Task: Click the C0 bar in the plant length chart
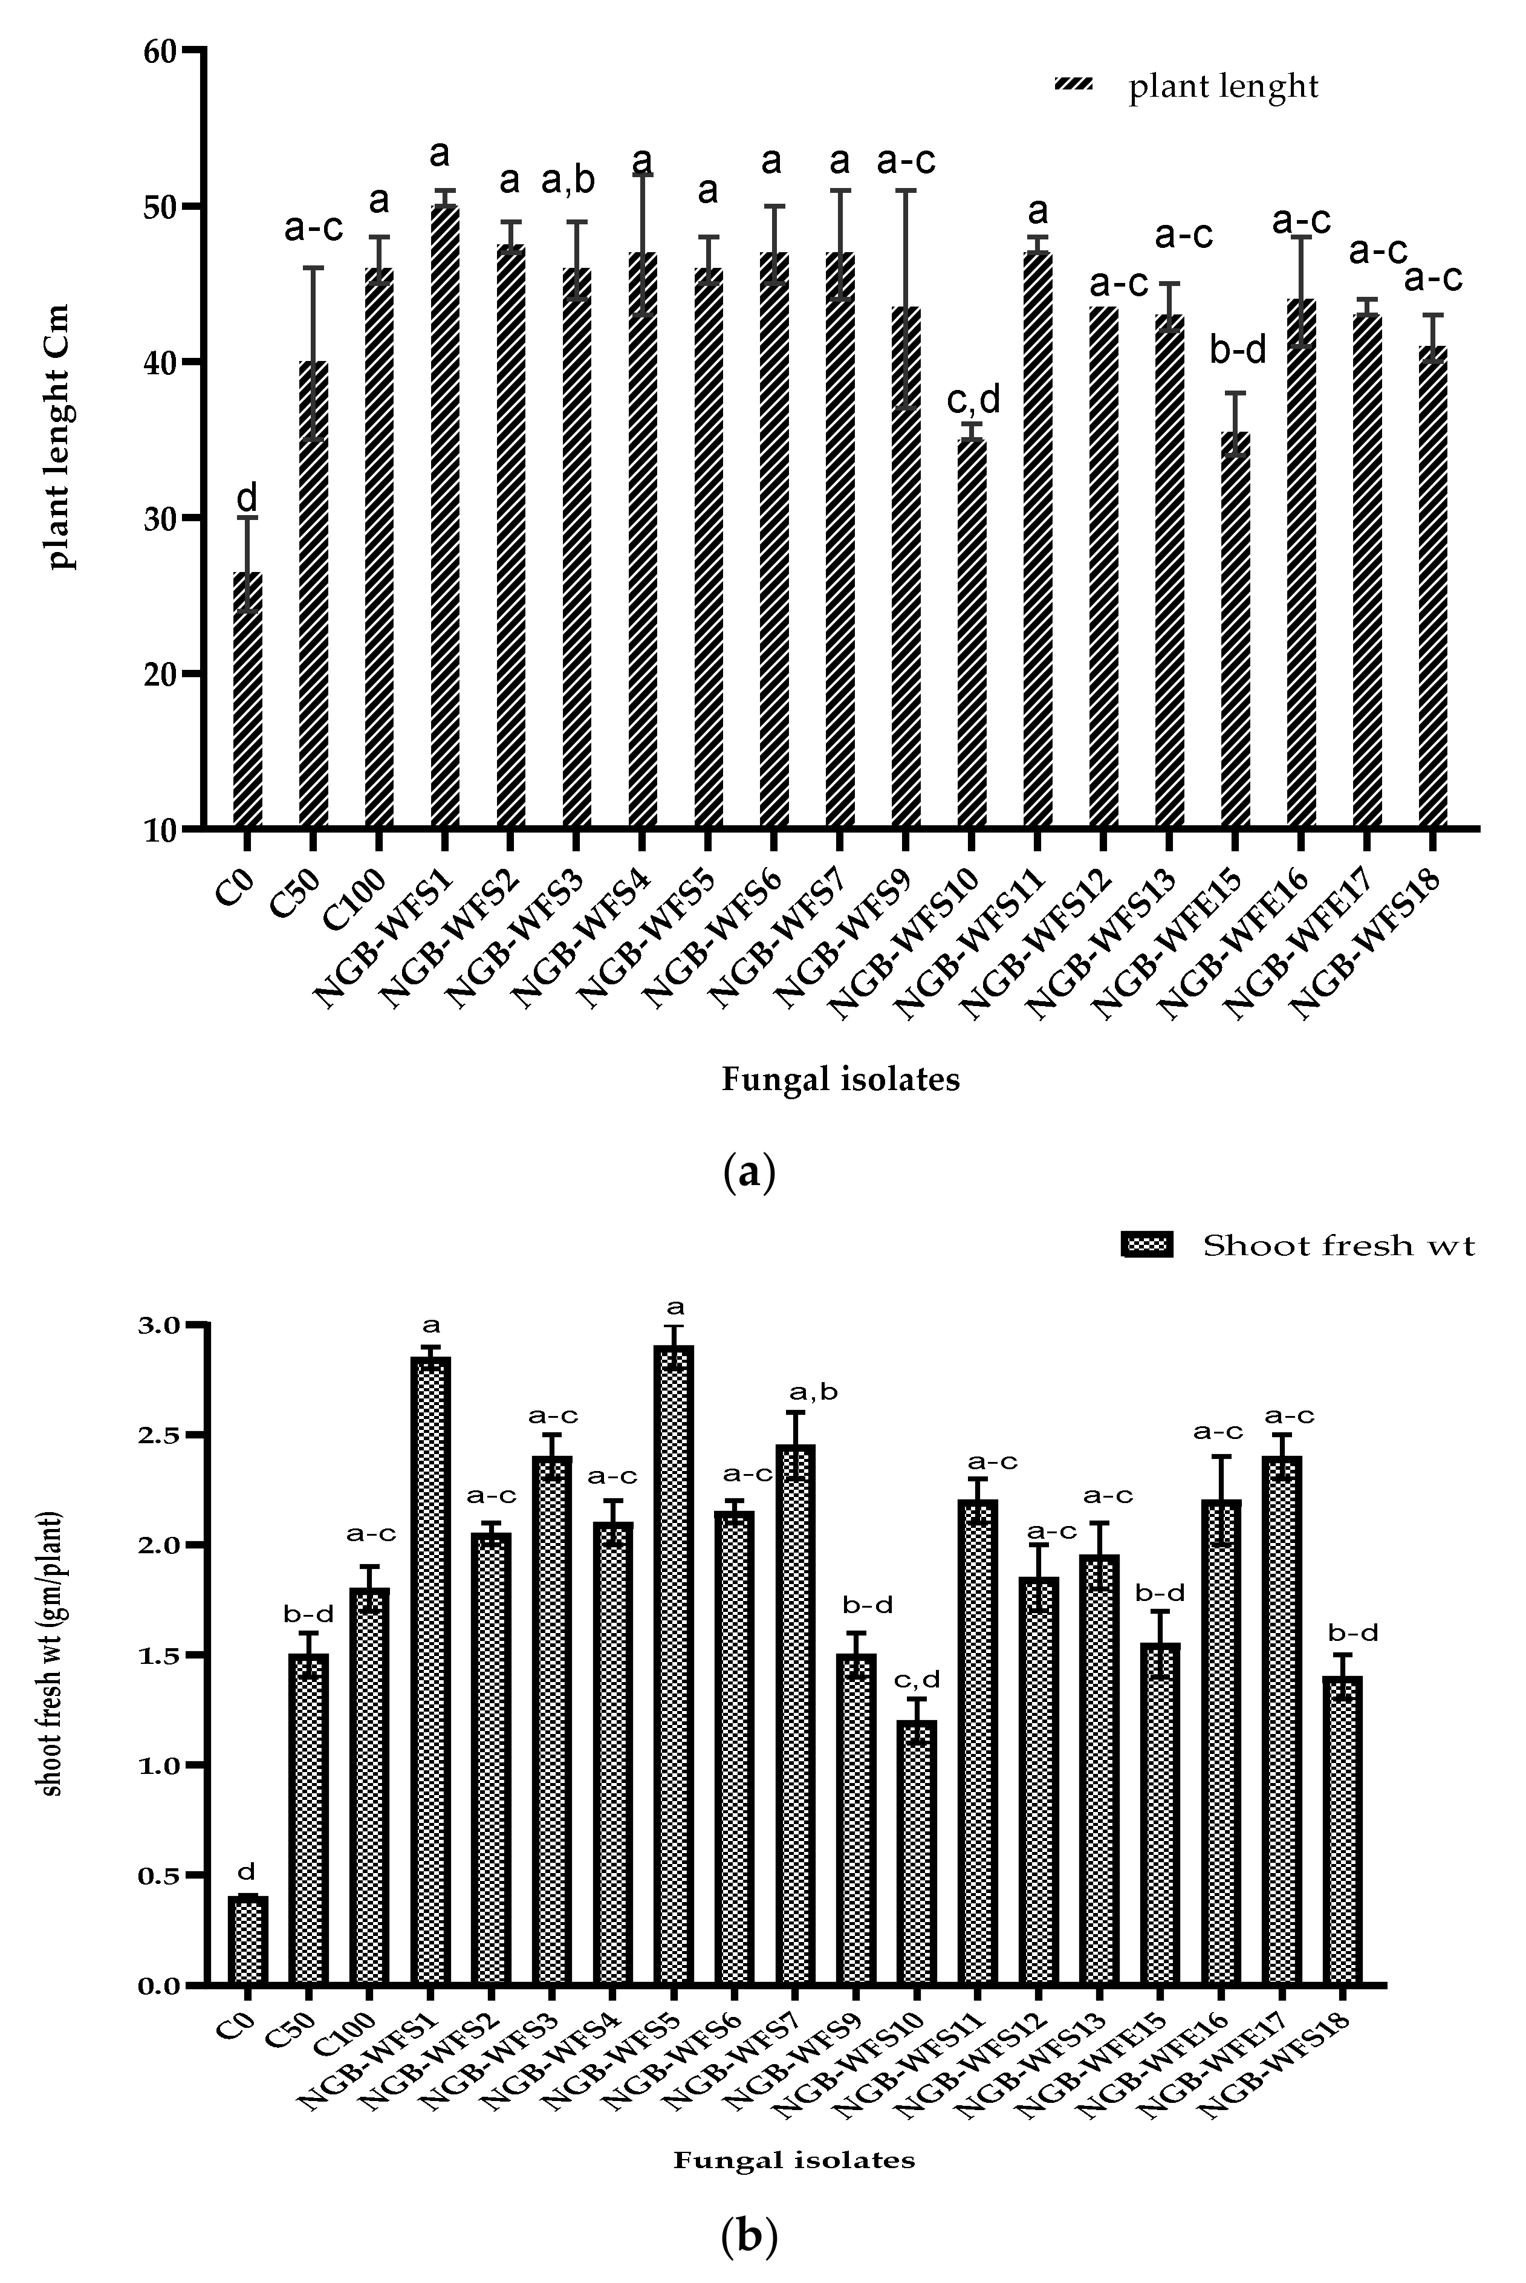click(x=247, y=701)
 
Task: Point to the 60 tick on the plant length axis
click(x=195, y=50)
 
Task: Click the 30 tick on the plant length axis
click(x=195, y=518)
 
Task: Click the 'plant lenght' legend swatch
click(x=1073, y=86)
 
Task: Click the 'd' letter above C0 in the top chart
click(x=247, y=498)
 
